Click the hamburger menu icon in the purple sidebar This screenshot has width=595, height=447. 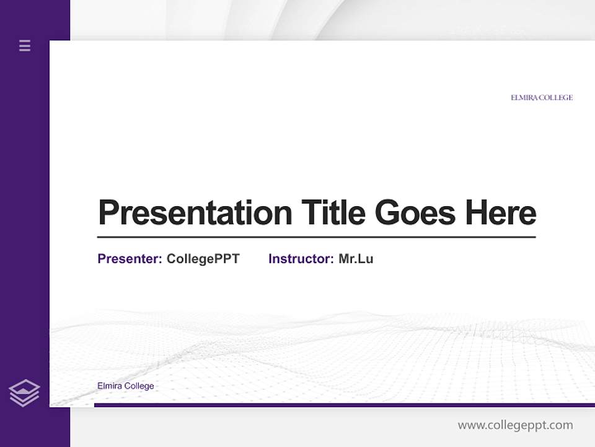pos(25,45)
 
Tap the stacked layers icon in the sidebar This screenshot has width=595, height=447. pos(24,393)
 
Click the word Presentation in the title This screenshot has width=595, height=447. pos(195,213)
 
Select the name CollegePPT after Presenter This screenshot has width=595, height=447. pos(203,259)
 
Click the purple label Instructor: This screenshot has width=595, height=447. pos(301,259)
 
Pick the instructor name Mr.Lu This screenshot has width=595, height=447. pos(356,259)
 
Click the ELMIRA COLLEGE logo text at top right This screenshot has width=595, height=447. pos(542,97)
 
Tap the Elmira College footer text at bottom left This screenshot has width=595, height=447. pos(126,386)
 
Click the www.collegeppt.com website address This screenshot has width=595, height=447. pos(515,425)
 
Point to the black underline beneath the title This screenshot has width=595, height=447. pos(316,237)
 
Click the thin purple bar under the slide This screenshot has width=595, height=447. pos(344,405)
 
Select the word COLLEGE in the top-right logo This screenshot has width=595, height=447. pos(556,97)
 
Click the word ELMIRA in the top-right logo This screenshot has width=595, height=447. pos(524,97)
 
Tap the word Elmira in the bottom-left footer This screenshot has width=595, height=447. pos(110,386)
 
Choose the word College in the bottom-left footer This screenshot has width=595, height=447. pos(139,386)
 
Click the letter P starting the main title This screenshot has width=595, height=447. pos(108,213)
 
